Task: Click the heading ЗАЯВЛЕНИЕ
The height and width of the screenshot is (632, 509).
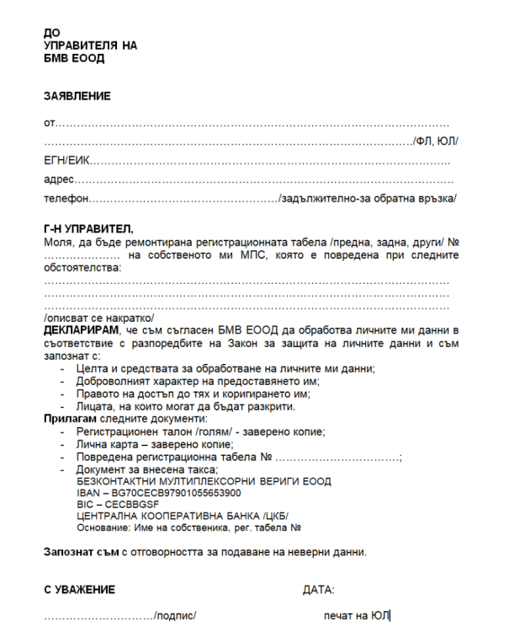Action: [x=77, y=97]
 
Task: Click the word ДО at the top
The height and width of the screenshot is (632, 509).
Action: [x=51, y=33]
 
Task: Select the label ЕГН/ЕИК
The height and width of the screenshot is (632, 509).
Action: [x=66, y=160]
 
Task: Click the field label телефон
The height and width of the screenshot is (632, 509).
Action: [x=66, y=199]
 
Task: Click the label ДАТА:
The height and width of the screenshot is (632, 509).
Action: [x=318, y=589]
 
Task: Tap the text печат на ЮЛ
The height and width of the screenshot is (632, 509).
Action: [x=357, y=616]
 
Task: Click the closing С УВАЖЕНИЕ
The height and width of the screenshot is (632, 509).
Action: [x=79, y=589]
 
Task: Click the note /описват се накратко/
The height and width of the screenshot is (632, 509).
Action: [x=98, y=318]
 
